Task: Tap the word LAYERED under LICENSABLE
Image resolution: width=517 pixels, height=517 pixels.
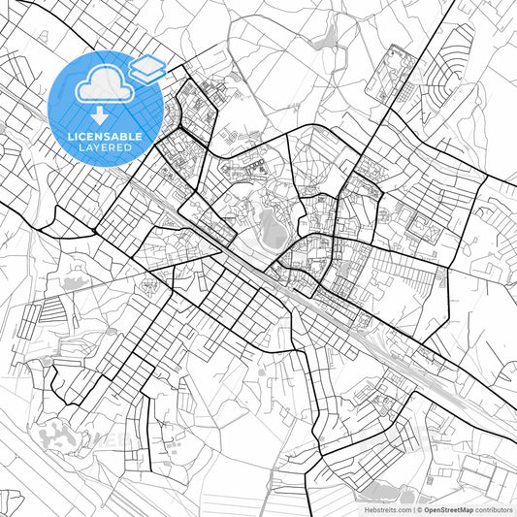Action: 109,147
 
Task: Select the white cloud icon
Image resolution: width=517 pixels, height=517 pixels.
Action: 107,85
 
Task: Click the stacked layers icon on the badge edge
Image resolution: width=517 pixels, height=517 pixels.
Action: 147,67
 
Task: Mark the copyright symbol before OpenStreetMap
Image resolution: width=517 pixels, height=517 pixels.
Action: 418,507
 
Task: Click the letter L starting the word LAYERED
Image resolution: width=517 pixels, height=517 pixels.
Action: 81,147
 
